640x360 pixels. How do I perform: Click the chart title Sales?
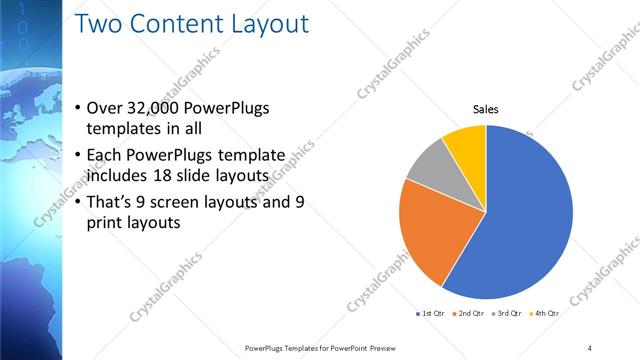[x=486, y=109]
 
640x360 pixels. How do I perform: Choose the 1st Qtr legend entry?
[x=433, y=313]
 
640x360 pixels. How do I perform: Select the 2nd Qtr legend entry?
[x=471, y=313]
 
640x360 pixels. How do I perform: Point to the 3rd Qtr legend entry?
[x=508, y=313]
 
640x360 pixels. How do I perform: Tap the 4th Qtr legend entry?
[x=545, y=313]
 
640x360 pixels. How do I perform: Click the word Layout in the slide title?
[x=261, y=23]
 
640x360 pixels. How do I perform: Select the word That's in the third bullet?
[x=115, y=202]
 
